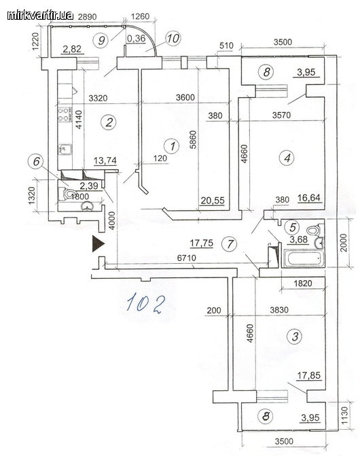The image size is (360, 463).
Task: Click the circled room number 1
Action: (173, 146)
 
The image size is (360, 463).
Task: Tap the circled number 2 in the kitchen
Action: (109, 122)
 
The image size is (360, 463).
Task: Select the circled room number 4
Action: (287, 157)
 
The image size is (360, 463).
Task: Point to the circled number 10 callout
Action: (173, 38)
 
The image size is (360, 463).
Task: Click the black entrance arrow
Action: (98, 243)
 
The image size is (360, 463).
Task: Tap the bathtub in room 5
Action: (302, 258)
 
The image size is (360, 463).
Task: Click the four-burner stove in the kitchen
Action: (65, 115)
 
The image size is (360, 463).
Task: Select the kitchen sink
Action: (65, 149)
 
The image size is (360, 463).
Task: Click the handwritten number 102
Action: (145, 303)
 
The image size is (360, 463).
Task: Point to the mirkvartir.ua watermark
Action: (41, 15)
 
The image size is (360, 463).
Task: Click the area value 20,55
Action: (213, 201)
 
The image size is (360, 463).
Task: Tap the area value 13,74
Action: (105, 161)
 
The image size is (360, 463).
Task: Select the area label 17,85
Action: (308, 375)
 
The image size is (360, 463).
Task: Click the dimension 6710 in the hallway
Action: (186, 258)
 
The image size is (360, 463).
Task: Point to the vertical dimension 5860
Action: (193, 139)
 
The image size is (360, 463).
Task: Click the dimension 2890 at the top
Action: (87, 17)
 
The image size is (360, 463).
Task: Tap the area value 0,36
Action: (136, 39)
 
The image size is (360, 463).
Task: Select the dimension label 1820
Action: (303, 284)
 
